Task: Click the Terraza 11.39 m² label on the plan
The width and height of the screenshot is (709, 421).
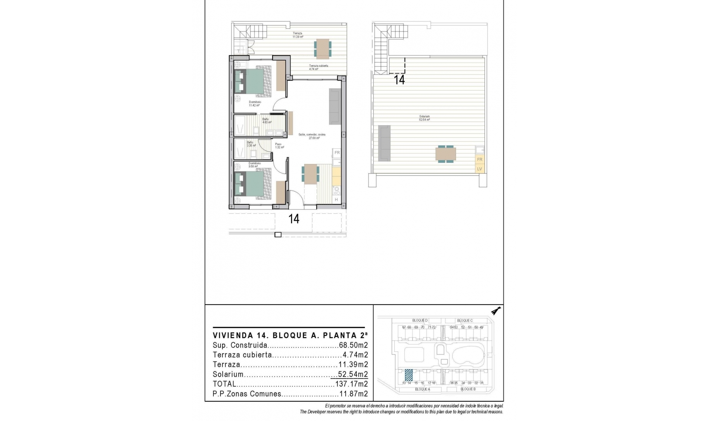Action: [x=298, y=35]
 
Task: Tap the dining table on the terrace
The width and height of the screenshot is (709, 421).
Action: [x=323, y=48]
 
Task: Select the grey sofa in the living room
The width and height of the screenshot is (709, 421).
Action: [x=335, y=106]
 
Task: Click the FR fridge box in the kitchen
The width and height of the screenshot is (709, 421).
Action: [x=337, y=153]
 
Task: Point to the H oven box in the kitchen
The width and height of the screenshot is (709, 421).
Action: [x=336, y=200]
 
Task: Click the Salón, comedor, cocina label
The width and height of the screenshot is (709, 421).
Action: [x=312, y=136]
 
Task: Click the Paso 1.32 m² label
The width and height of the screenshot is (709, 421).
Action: [x=279, y=146]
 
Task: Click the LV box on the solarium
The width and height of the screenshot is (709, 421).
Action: [x=480, y=169]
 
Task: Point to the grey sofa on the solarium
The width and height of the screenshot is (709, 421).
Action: [x=384, y=143]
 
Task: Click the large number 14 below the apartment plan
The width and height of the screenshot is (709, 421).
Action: [x=294, y=219]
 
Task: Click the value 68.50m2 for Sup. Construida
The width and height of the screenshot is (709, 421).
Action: [x=353, y=346]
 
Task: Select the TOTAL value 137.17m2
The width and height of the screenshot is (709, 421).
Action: [x=352, y=384]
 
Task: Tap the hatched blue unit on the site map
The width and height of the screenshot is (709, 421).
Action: [x=409, y=375]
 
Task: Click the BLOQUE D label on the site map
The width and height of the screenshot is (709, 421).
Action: [x=420, y=321]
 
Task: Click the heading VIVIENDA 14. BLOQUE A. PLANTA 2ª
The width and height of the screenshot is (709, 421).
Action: [x=290, y=336]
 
